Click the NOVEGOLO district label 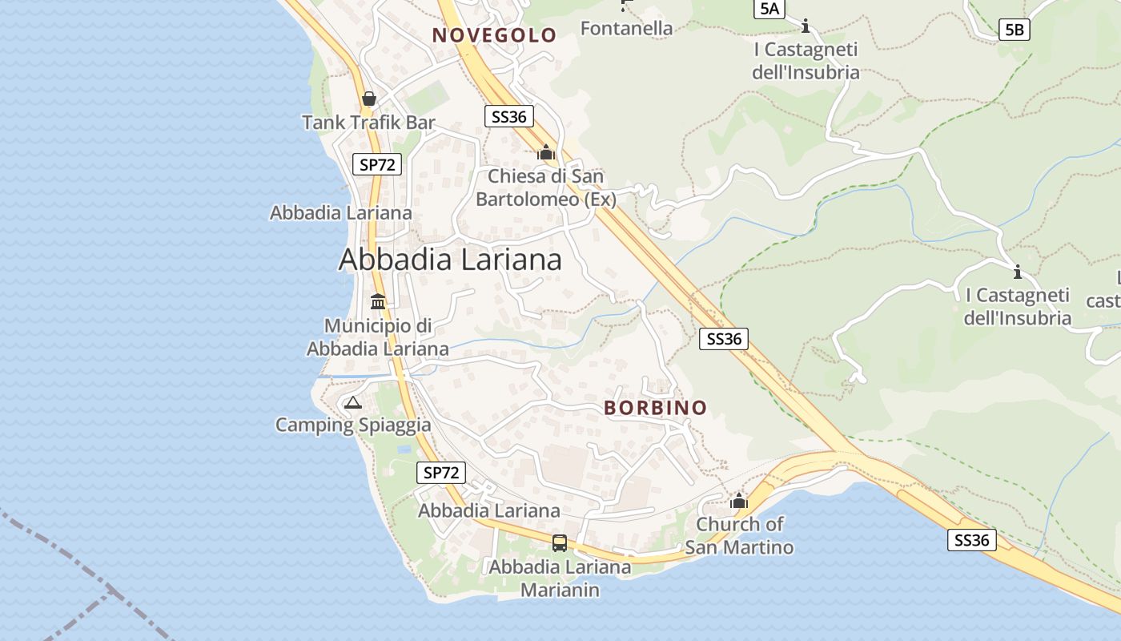[x=494, y=35]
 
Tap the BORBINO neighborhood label [x=656, y=408]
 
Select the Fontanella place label [x=626, y=29]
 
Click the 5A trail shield [x=769, y=9]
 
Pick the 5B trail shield [x=1014, y=30]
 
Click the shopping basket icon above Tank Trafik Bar [x=369, y=99]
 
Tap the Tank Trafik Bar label [x=368, y=123]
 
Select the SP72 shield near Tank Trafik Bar [x=377, y=165]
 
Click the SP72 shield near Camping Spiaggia [x=441, y=473]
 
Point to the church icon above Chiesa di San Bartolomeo [x=546, y=151]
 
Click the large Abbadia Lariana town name [x=450, y=260]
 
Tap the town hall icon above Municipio [x=378, y=302]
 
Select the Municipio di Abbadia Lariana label [x=378, y=337]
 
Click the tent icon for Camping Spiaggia [x=353, y=402]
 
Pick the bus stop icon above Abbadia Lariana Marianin [x=560, y=543]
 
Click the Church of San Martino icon [x=738, y=502]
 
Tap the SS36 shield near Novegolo [x=509, y=117]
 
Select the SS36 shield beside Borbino [x=724, y=339]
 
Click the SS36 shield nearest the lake [x=972, y=540]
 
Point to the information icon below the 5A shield [x=806, y=26]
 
